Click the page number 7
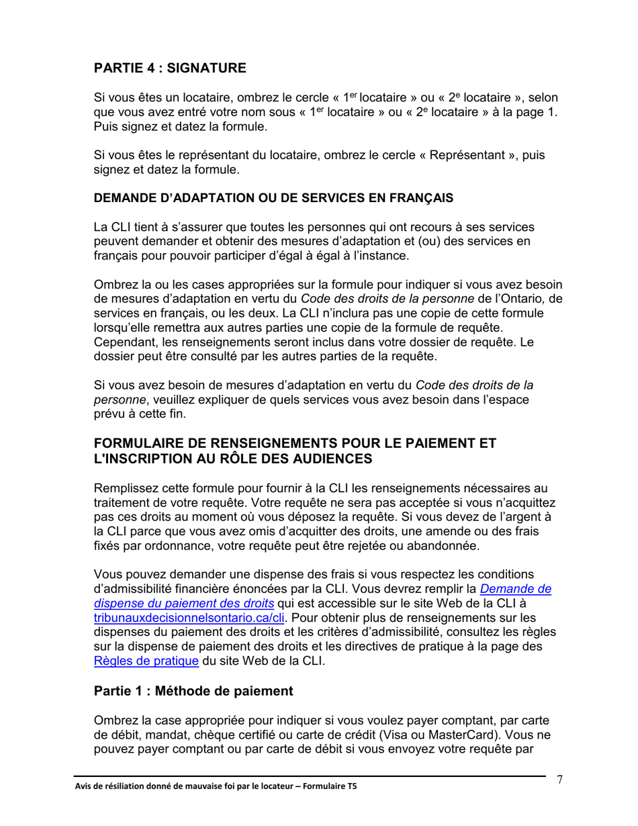click(559, 779)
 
